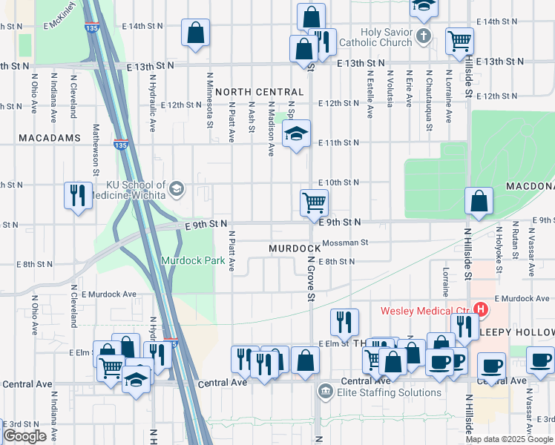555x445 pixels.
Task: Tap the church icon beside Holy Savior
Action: point(423,36)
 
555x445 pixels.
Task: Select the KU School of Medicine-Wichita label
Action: point(125,190)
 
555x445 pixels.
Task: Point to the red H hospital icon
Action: point(481,309)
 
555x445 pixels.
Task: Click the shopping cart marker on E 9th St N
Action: point(314,202)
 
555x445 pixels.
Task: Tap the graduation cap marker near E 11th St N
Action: point(296,135)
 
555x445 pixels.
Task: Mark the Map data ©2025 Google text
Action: point(508,439)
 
